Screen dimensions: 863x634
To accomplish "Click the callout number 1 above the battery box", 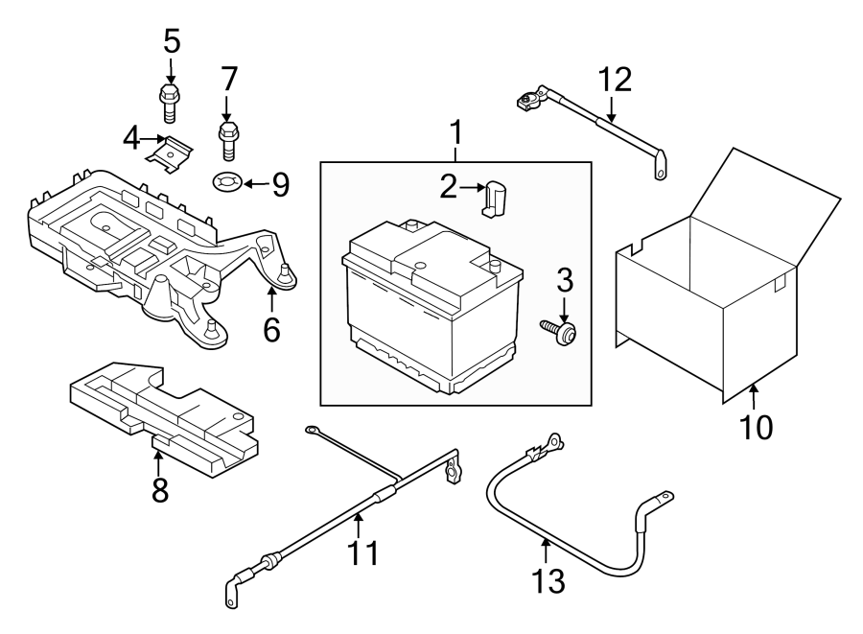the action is coord(455,132).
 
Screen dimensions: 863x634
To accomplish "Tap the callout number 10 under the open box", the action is coord(757,427).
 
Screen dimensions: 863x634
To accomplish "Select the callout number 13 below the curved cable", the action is coord(548,581).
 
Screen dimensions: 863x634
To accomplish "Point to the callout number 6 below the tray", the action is coord(272,330).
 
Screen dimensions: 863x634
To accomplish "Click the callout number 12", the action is coord(615,80).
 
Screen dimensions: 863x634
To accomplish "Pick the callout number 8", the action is coord(159,490).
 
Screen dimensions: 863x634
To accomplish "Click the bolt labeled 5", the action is coord(169,103).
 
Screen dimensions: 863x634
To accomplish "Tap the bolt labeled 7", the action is coord(229,141).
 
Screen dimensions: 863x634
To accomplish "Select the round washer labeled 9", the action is coord(226,181).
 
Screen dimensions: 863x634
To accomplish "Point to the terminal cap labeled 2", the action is coord(494,199).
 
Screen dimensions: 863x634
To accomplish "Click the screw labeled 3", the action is coord(559,331).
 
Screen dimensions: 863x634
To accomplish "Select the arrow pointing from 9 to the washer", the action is coord(256,184).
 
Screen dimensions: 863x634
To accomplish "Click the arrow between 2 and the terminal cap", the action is coord(471,188).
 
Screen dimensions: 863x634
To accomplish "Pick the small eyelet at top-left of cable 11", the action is coord(312,429).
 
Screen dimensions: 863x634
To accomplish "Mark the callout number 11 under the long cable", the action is coord(363,552).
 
